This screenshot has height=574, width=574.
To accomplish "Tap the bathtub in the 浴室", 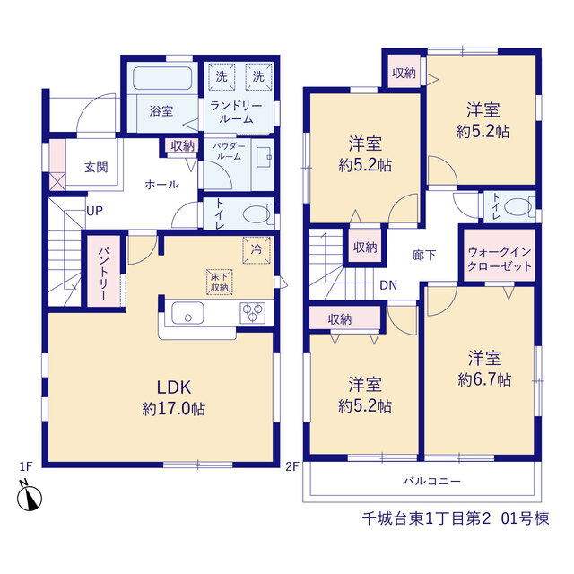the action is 162,78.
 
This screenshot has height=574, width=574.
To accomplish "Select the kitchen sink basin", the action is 187,313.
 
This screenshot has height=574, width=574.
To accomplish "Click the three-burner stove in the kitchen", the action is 253,313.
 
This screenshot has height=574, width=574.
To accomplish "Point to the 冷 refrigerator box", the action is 257,250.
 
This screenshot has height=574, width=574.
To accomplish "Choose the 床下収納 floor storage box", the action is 220,283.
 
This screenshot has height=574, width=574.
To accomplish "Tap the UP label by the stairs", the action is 94,212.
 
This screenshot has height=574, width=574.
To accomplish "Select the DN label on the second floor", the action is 388,285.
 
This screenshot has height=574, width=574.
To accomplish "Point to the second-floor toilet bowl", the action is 517,207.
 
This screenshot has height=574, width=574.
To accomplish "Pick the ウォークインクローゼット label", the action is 500,259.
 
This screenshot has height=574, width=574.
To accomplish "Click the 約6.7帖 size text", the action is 484,379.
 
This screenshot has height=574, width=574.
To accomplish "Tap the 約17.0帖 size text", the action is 174,409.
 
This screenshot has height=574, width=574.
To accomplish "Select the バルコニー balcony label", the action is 431,481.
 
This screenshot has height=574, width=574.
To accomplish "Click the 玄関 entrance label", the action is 96,168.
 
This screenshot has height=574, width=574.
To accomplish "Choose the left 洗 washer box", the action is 222,76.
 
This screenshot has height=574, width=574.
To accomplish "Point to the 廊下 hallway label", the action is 424,255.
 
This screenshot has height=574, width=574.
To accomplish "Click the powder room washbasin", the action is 264,158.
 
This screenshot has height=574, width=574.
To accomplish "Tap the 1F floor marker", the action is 26,466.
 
